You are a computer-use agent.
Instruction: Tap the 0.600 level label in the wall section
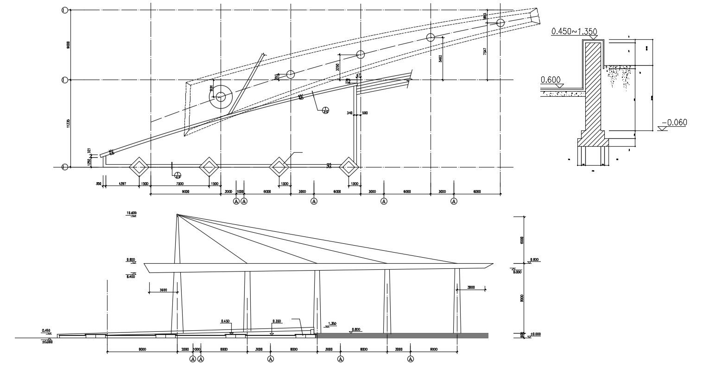point(550,80)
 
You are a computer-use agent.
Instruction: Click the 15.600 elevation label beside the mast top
point(132,213)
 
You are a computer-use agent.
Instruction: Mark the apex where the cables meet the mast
point(177,215)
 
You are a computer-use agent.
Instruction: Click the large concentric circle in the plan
point(221,97)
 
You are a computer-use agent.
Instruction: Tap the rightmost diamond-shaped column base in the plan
point(348,167)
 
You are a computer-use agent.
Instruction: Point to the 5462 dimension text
point(440,58)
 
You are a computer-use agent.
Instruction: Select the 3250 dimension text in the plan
point(337,67)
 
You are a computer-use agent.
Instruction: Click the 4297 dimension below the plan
point(122,184)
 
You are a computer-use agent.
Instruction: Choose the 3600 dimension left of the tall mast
point(163,290)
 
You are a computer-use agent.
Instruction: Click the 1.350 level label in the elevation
point(332,324)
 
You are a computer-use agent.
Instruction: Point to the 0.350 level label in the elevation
point(277,321)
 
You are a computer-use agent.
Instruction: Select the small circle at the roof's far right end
point(500,23)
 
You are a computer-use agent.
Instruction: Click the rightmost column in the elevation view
point(457,301)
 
